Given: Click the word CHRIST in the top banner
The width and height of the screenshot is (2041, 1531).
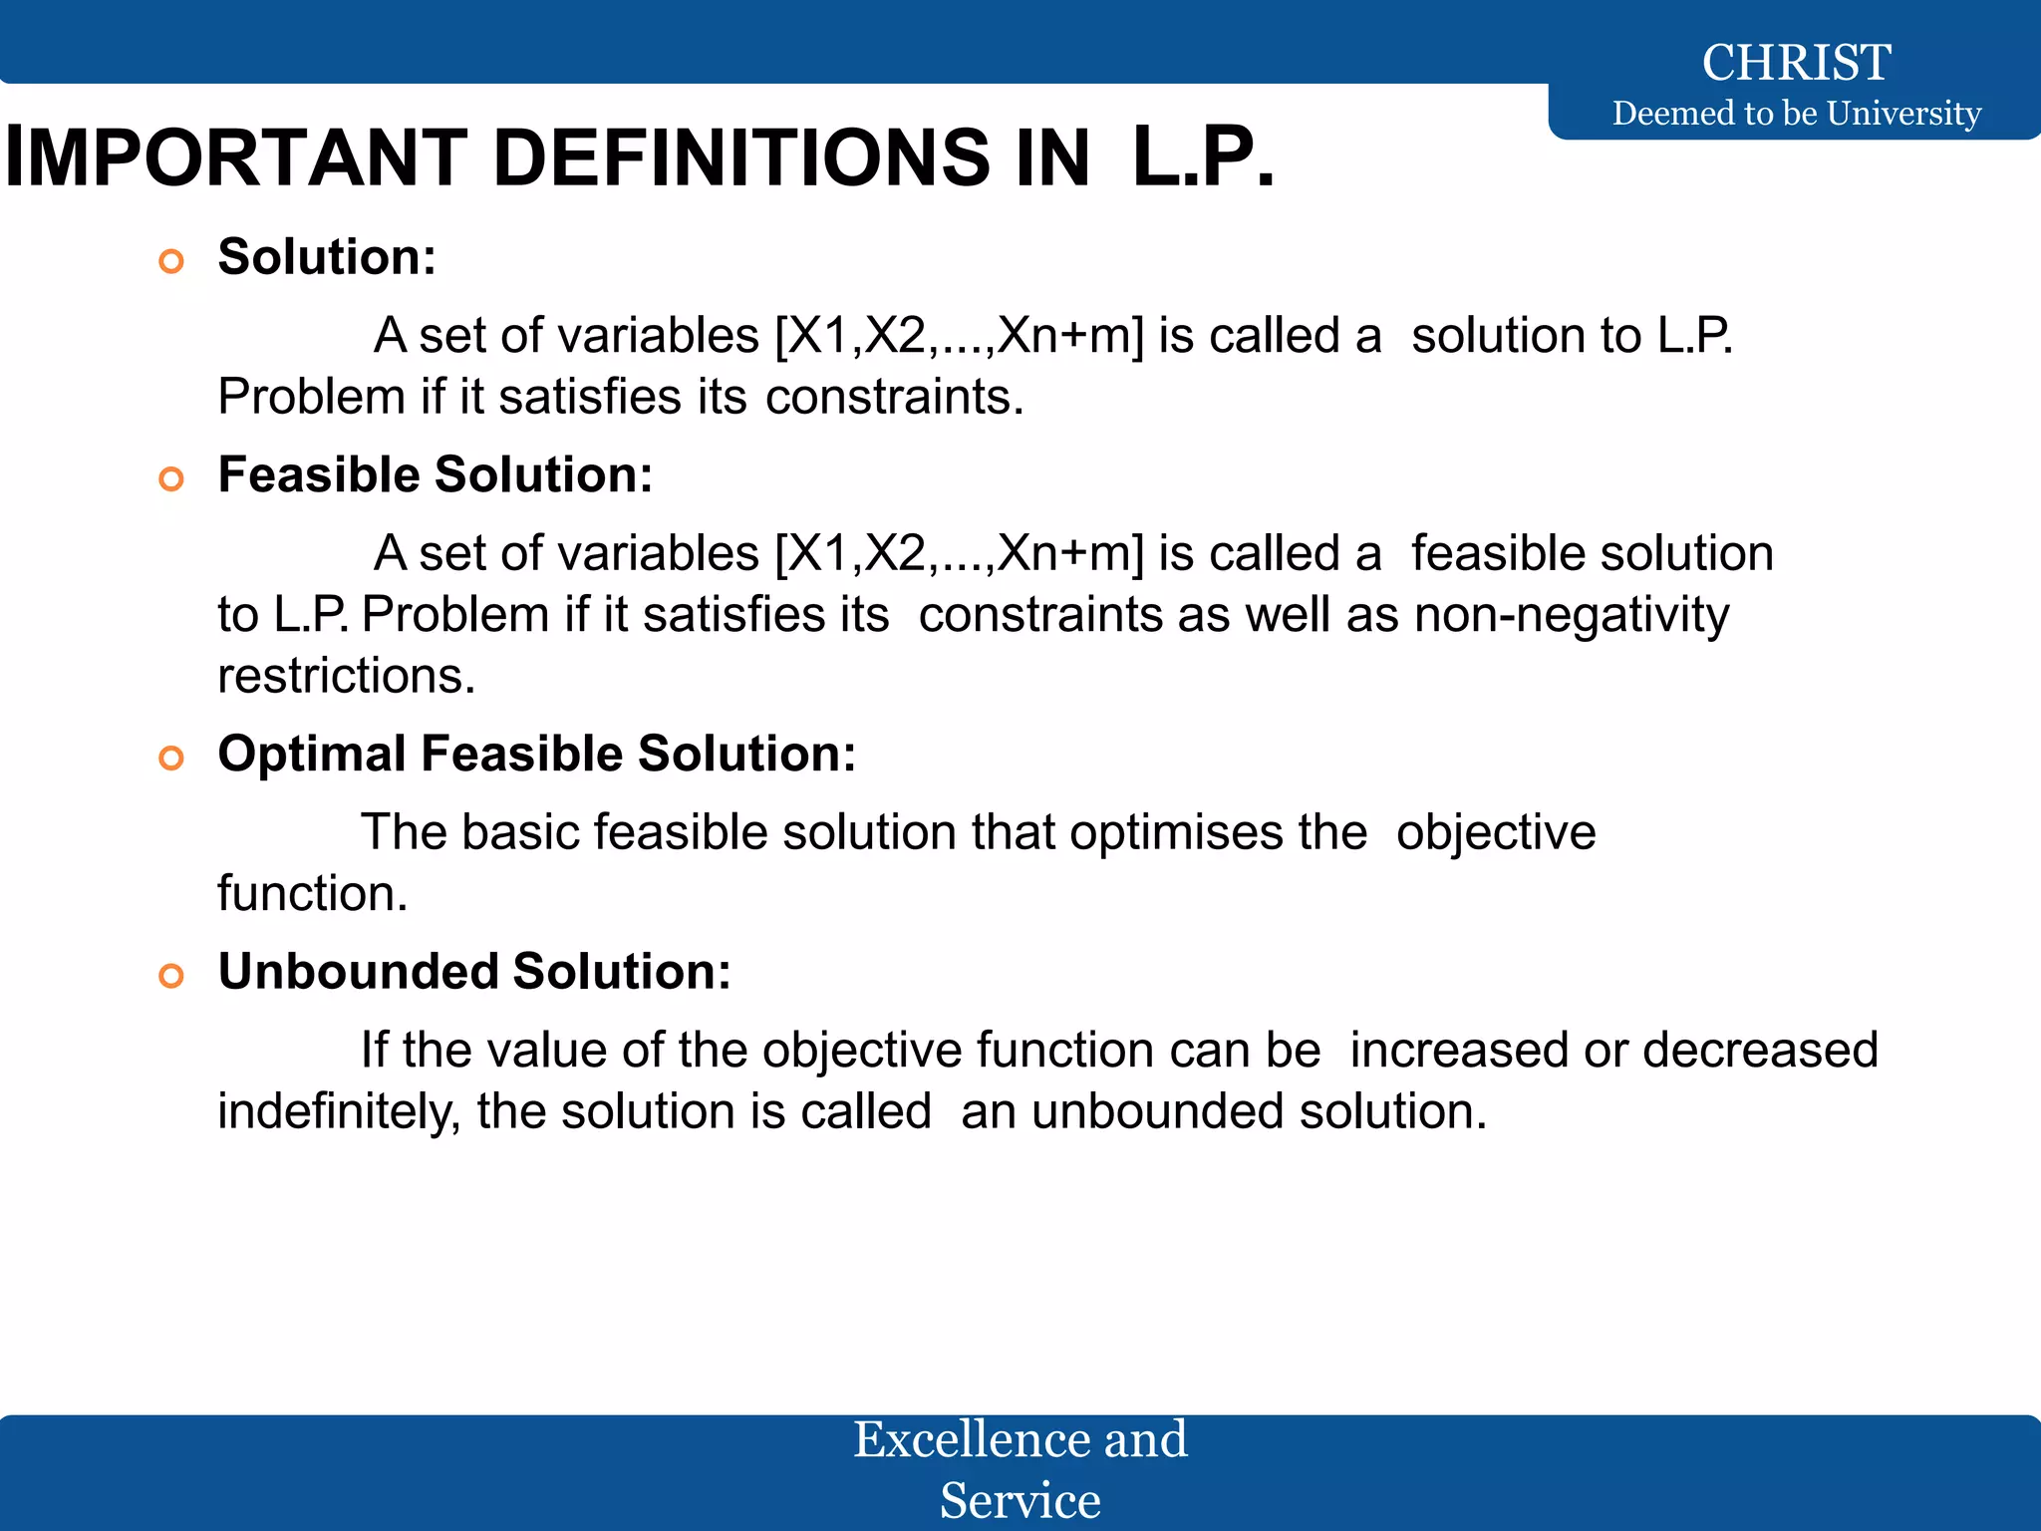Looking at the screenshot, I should point(1796,63).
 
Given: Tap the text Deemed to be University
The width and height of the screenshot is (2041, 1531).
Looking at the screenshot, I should point(1796,114).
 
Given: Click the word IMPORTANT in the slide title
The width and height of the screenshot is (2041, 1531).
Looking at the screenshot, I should point(236,158).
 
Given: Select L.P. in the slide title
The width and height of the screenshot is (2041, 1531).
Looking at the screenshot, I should point(1203,158).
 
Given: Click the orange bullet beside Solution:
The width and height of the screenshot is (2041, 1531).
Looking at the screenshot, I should point(171,262).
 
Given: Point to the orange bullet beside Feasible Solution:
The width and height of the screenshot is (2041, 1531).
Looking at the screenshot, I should point(171,479).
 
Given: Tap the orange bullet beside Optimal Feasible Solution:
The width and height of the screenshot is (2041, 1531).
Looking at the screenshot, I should point(171,759).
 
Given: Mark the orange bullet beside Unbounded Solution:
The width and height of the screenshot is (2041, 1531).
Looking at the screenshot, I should point(171,976).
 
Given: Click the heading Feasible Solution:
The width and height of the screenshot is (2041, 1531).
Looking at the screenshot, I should point(436,474).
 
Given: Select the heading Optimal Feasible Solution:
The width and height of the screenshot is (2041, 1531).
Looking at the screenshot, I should point(537,754).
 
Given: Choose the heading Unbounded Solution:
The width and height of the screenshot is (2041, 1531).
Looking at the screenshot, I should point(474,971).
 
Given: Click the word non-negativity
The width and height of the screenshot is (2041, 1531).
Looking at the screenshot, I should point(1572,615).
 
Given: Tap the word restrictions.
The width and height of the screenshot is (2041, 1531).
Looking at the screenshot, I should point(346,676).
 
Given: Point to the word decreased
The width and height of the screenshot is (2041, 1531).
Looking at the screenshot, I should point(1760,1051).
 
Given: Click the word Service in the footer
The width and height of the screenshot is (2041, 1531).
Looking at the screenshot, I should point(1020,1500).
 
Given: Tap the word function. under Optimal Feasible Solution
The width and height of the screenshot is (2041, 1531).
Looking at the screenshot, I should point(313,893).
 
